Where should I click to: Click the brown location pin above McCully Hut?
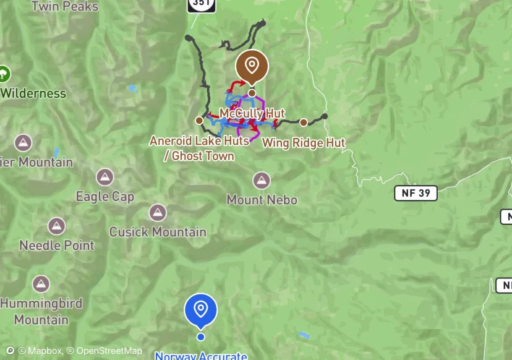pos(252,66)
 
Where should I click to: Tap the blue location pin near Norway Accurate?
pos(200,309)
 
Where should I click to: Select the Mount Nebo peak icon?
pos(262,181)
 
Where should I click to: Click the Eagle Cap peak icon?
pos(105,178)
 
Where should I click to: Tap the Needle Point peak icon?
pos(57,226)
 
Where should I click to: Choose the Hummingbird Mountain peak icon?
pos(41,285)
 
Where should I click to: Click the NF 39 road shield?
pos(416,194)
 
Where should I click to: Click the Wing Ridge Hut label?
pos(304,143)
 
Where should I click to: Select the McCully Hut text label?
pos(252,114)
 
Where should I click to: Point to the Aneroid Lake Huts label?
pos(199,141)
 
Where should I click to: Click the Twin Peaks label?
pos(65,7)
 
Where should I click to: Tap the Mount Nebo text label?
pos(262,200)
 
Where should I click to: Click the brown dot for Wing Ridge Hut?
pos(304,122)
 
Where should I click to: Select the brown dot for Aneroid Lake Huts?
pos(198,120)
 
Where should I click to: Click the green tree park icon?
pos(4,74)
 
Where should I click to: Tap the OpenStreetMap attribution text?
pos(105,351)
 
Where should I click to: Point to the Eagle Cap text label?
pos(105,197)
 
